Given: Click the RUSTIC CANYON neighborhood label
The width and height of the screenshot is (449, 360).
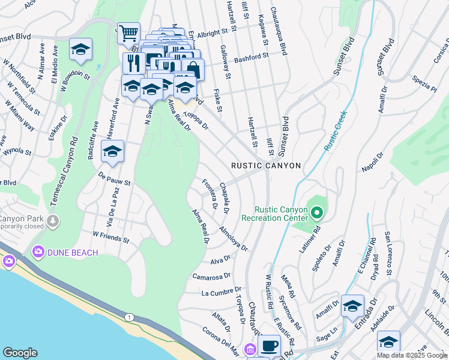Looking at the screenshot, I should coord(266,165).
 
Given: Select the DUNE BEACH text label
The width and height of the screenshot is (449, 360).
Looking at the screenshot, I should coord(73,253).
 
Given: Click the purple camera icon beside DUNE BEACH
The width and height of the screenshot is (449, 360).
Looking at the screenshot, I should coord(38,252).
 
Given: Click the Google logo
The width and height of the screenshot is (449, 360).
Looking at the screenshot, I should coord(20,353).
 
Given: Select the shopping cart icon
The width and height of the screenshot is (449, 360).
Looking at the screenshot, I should coord(128,32).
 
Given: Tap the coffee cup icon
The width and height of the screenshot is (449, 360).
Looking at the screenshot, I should coord(269,345).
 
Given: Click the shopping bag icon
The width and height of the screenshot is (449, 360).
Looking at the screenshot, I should coord(193,68).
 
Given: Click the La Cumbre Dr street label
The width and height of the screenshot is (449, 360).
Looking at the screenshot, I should coord(221,293).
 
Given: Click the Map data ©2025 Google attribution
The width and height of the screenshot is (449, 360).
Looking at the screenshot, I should coord(411,355).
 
